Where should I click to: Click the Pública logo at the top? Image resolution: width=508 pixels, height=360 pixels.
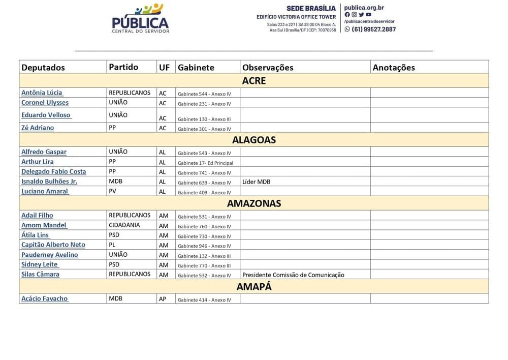click(140, 19)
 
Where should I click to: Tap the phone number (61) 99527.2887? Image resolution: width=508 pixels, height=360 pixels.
click(373, 29)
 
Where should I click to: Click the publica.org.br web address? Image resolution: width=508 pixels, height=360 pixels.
click(364, 8)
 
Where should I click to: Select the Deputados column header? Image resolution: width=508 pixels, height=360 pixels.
click(43, 67)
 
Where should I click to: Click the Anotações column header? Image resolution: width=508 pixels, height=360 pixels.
click(394, 67)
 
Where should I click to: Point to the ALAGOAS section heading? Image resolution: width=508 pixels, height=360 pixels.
click(254, 140)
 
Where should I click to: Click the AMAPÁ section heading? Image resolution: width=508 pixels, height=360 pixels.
click(254, 286)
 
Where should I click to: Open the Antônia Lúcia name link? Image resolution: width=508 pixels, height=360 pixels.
click(42, 93)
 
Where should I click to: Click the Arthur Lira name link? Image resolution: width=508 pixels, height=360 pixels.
click(37, 162)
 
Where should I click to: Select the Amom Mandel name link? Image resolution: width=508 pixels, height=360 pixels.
click(44, 225)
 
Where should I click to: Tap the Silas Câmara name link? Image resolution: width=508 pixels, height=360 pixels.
click(40, 274)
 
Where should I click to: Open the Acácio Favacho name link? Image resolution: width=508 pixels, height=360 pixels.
click(44, 298)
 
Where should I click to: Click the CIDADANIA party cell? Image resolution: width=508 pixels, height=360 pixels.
click(124, 225)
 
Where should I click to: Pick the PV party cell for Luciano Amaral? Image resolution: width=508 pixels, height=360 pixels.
click(113, 191)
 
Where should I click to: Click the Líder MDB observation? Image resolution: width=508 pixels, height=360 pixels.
click(257, 182)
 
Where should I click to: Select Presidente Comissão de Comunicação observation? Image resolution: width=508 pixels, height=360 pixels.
click(293, 275)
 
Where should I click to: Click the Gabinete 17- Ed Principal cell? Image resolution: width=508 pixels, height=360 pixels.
click(205, 163)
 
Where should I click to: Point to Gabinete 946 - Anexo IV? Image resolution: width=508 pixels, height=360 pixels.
click(204, 246)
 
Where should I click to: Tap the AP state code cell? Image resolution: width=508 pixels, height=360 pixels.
click(163, 299)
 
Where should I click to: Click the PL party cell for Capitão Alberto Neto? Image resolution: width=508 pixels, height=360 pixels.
click(112, 245)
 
